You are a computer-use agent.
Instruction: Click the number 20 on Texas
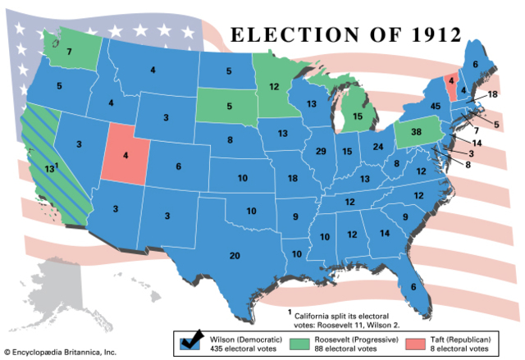point(235,257)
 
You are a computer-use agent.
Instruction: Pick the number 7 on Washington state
point(70,51)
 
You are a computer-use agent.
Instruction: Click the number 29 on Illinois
point(321,152)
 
